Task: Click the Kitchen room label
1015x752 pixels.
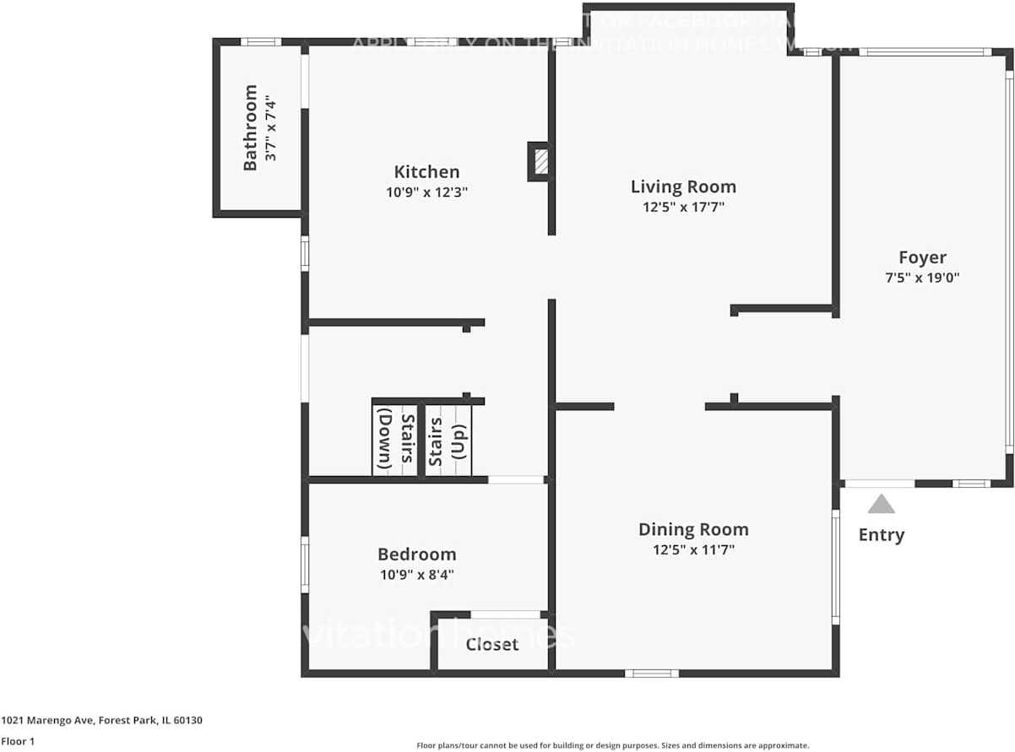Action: tap(426, 172)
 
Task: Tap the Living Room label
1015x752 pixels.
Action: tap(683, 187)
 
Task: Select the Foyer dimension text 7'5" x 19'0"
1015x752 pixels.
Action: tap(922, 277)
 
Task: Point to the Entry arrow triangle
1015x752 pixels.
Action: tap(881, 505)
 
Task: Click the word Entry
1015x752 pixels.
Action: tap(881, 535)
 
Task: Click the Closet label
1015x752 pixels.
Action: tap(492, 645)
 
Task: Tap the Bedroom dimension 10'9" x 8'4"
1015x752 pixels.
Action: tap(416, 575)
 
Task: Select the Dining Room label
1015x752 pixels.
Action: tap(693, 530)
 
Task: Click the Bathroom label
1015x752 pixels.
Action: tap(251, 127)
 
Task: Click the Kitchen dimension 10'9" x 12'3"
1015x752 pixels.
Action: tap(426, 192)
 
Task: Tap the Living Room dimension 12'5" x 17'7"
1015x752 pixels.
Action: tap(683, 207)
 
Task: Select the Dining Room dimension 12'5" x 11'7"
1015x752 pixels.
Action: tap(693, 550)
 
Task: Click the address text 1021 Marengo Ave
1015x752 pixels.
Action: tap(101, 721)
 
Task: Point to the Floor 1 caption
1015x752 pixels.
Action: tap(18, 742)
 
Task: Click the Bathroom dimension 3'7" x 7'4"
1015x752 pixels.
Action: tap(270, 127)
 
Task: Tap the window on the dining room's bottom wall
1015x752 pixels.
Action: tap(651, 673)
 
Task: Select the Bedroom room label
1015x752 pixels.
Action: tap(416, 555)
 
